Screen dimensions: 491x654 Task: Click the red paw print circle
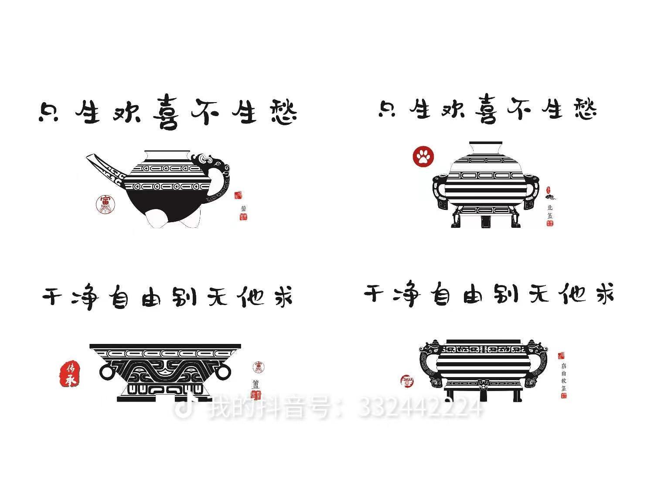point(423,157)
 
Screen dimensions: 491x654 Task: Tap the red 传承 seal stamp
point(69,374)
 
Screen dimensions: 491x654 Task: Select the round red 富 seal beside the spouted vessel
point(106,204)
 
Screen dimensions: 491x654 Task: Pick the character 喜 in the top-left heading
point(165,113)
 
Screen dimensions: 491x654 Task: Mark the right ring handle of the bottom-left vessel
point(223,371)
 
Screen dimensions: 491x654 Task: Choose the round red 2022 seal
point(407,381)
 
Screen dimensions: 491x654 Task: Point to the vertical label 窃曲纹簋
point(563,377)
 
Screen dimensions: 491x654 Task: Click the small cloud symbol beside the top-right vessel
point(550,197)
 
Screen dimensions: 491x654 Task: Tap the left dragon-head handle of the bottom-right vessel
point(429,349)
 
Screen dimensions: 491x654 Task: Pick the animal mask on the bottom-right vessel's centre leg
point(483,385)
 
